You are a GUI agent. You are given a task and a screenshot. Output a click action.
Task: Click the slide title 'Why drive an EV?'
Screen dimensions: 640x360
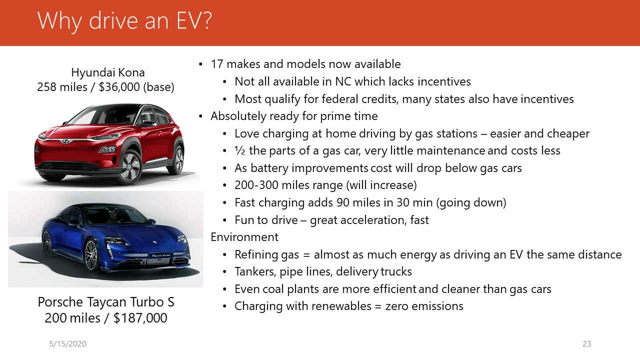pyautogui.click(x=124, y=21)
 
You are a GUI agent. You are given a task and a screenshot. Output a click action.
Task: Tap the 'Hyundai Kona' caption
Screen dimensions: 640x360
pyautogui.click(x=108, y=72)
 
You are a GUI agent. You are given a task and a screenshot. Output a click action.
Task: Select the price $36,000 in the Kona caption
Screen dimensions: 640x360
pyautogui.click(x=119, y=87)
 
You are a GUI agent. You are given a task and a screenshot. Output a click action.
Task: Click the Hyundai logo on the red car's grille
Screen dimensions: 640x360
pyautogui.click(x=65, y=141)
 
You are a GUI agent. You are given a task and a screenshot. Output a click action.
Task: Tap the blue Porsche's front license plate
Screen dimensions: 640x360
pyautogui.click(x=161, y=255)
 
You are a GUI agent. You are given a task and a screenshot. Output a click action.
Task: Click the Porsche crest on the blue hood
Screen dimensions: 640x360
pyautogui.click(x=155, y=241)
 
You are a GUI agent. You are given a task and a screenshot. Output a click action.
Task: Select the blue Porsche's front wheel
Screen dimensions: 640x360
pyautogui.click(x=91, y=254)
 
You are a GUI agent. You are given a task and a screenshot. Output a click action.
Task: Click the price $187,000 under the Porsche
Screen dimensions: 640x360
pyautogui.click(x=140, y=318)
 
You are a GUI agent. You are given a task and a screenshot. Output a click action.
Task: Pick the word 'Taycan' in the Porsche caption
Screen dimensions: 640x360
pyautogui.click(x=106, y=302)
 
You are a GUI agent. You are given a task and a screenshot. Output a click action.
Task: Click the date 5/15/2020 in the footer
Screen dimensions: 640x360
pyautogui.click(x=67, y=343)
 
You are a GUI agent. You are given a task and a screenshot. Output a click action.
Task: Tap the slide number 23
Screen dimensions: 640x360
pyautogui.click(x=587, y=343)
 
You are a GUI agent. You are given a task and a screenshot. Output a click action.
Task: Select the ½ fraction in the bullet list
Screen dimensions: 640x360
pyautogui.click(x=239, y=150)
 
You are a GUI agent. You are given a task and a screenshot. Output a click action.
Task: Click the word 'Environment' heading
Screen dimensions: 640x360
pyautogui.click(x=244, y=237)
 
